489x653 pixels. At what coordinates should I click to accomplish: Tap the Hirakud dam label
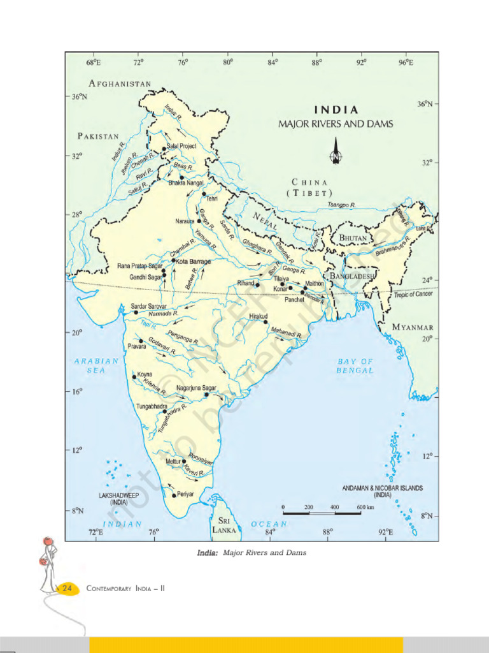click(258, 316)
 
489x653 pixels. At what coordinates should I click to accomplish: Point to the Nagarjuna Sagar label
click(196, 388)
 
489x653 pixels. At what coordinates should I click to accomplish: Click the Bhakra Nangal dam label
click(186, 183)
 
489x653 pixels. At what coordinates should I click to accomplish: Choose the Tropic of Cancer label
click(413, 294)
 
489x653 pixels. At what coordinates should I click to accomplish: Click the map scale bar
click(322, 513)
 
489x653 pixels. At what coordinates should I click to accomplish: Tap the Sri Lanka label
click(223, 525)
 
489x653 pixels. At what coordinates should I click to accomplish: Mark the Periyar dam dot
click(174, 495)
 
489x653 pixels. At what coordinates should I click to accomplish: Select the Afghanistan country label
click(120, 84)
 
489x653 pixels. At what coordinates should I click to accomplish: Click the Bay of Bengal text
click(355, 365)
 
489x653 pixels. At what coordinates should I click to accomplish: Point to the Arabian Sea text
click(96, 365)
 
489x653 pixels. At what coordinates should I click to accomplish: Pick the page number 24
click(66, 589)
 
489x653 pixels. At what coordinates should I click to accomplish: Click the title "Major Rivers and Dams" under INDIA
click(336, 124)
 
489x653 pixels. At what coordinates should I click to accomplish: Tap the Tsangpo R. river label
click(341, 205)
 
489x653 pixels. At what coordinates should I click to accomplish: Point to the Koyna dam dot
click(134, 377)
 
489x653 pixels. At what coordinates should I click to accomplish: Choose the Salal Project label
click(181, 146)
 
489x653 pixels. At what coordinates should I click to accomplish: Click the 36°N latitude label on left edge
click(79, 97)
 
